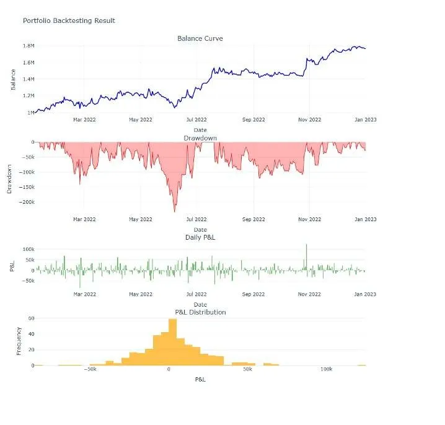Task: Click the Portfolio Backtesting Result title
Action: pyautogui.click(x=69, y=20)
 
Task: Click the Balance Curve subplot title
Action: pyautogui.click(x=200, y=38)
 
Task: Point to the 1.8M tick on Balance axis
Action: pyautogui.click(x=29, y=46)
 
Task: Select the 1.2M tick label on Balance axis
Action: pyautogui.click(x=29, y=95)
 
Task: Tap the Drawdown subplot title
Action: pyautogui.click(x=200, y=138)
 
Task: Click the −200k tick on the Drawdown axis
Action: pyautogui.click(x=27, y=202)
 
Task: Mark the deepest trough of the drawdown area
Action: pyautogui.click(x=175, y=211)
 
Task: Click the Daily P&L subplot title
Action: pyautogui.click(x=200, y=237)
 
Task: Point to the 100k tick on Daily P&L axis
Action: pyautogui.click(x=29, y=249)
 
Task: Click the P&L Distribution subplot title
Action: pyautogui.click(x=200, y=312)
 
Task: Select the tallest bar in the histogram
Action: pyautogui.click(x=172, y=342)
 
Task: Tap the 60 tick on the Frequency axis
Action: pyautogui.click(x=31, y=318)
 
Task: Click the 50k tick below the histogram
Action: pyautogui.click(x=247, y=369)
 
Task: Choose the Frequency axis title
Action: pyautogui.click(x=19, y=341)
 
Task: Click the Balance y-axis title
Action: pyautogui.click(x=13, y=79)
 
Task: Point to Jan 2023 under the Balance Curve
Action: pyautogui.click(x=366, y=120)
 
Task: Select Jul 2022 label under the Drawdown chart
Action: pyautogui.click(x=196, y=219)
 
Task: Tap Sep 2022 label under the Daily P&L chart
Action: pyautogui.click(x=253, y=294)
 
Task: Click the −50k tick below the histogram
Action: pyautogui.click(x=90, y=369)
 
